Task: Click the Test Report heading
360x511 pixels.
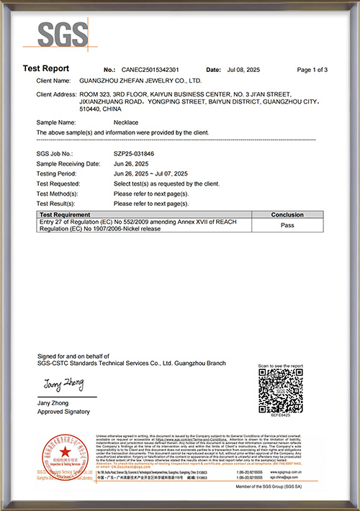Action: coord(45,69)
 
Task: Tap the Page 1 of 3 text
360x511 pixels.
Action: coord(312,70)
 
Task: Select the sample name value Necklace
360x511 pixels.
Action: coord(127,123)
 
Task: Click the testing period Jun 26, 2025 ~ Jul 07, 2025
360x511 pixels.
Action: coord(150,174)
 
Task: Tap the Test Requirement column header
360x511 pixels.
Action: coord(65,214)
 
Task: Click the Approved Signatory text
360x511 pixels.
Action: coord(63,412)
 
